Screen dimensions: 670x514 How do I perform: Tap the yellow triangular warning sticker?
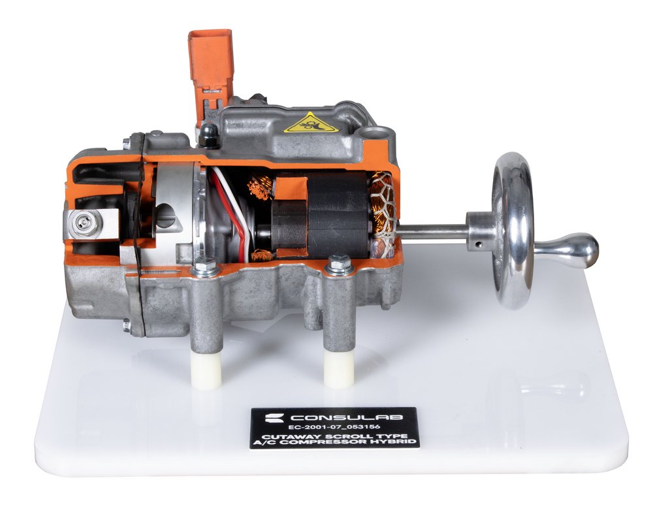[311, 123]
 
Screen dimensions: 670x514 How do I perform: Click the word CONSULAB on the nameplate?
[345, 417]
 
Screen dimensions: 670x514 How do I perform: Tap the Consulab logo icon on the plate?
[274, 417]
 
